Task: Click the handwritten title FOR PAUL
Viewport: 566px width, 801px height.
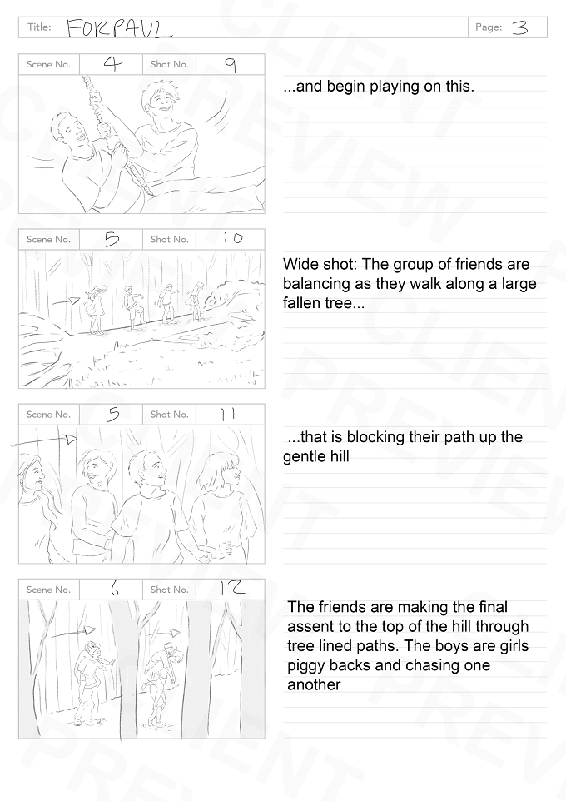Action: click(x=119, y=29)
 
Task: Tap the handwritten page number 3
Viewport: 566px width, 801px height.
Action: click(x=519, y=27)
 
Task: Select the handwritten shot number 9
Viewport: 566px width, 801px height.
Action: click(x=231, y=65)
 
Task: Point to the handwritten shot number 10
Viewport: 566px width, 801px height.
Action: click(x=232, y=238)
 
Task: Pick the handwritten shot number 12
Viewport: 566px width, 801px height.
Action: click(x=232, y=589)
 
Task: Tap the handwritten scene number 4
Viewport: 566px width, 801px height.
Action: click(x=113, y=64)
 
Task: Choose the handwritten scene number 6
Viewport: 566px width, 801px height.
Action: click(x=114, y=589)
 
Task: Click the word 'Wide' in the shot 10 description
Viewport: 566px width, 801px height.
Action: click(x=300, y=264)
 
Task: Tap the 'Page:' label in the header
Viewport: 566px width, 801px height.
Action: click(x=489, y=27)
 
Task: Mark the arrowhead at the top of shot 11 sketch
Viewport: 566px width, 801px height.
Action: click(x=71, y=438)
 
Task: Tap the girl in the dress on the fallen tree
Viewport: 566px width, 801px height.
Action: click(x=95, y=309)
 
